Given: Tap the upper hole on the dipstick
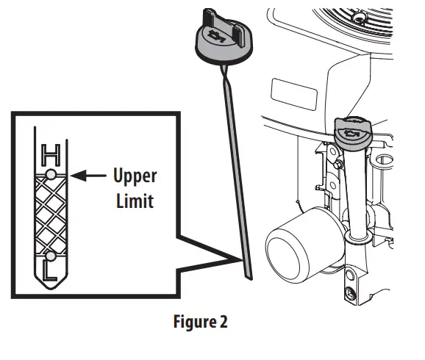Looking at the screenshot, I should pyautogui.click(x=50, y=174).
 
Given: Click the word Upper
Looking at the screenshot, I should pyautogui.click(x=135, y=177).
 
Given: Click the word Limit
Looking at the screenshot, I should pyautogui.click(x=135, y=200).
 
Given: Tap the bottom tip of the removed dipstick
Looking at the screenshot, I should pyautogui.click(x=249, y=275).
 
